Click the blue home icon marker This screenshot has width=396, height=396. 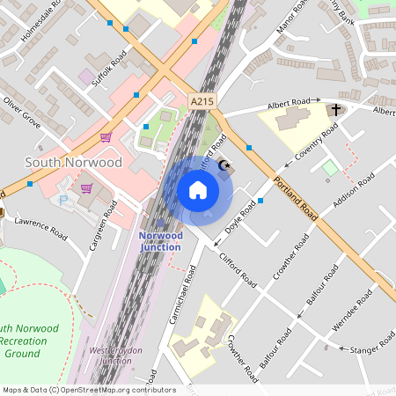pos(198,190)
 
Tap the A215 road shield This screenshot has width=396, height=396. pos(202,102)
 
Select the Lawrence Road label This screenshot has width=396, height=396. pos(40,228)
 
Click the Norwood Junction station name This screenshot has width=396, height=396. pos(161,240)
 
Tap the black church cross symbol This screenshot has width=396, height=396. pos(335,110)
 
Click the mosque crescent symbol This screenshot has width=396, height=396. pos(224,165)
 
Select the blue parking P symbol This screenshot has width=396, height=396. pos(62,201)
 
